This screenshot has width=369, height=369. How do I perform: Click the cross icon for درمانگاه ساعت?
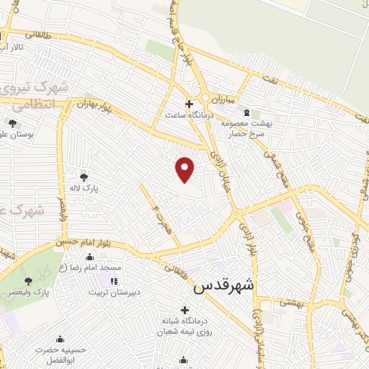pos(189,104)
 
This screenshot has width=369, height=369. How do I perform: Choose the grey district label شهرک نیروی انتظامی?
pos(35,96)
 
